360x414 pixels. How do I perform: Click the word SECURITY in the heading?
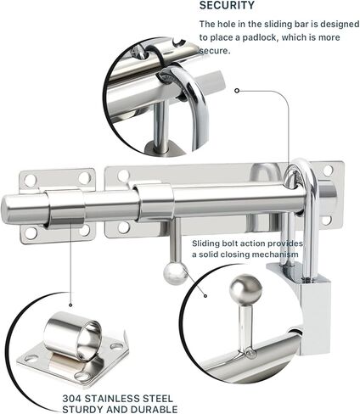[227, 5]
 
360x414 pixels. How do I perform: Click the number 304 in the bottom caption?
[72, 399]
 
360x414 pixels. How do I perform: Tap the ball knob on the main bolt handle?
[175, 273]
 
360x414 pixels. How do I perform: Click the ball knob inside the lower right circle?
[245, 288]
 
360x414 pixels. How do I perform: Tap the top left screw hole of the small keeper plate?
[30, 179]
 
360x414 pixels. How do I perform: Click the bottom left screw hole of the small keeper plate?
[31, 232]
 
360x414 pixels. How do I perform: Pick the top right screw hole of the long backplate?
[328, 171]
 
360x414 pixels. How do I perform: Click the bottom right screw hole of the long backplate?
[327, 221]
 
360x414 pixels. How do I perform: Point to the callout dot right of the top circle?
[237, 91]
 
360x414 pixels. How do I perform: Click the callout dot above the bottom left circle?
[70, 305]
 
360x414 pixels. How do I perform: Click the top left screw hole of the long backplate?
[123, 176]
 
